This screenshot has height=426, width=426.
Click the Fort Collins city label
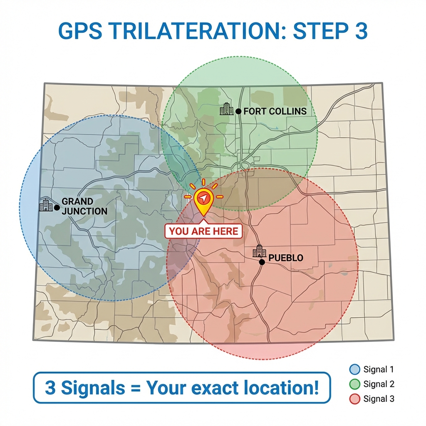click(x=275, y=111)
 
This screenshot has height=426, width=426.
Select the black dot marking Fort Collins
click(x=238, y=111)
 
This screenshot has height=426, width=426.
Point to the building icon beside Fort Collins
click(x=227, y=109)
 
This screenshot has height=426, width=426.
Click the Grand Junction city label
click(x=84, y=206)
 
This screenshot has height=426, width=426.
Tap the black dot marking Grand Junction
click(x=57, y=207)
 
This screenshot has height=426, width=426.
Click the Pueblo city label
click(x=286, y=258)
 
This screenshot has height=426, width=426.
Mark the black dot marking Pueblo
click(x=262, y=262)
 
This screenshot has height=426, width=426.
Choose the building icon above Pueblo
click(x=259, y=251)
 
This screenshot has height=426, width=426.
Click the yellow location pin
click(x=203, y=200)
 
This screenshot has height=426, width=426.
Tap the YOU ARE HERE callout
click(x=203, y=231)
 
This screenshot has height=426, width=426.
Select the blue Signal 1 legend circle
click(x=354, y=369)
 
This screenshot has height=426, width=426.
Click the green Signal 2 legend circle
click(x=354, y=384)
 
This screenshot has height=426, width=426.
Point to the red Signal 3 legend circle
click(x=354, y=399)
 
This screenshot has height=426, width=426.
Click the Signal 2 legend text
click(x=378, y=384)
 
